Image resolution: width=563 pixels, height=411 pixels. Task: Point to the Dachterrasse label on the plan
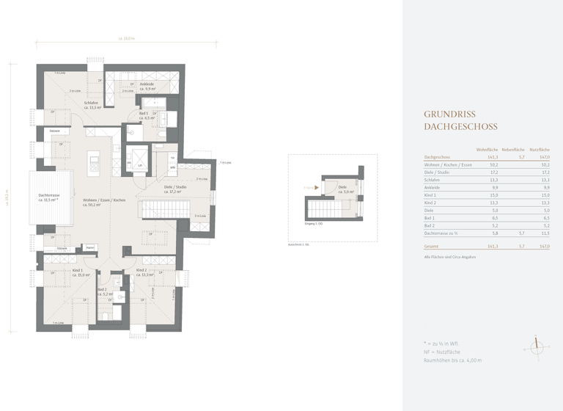[51, 197]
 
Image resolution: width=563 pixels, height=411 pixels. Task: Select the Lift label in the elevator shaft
[139, 166]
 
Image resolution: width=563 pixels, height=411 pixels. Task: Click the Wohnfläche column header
[487, 149]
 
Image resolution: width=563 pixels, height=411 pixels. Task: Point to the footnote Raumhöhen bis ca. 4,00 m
[453, 360]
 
